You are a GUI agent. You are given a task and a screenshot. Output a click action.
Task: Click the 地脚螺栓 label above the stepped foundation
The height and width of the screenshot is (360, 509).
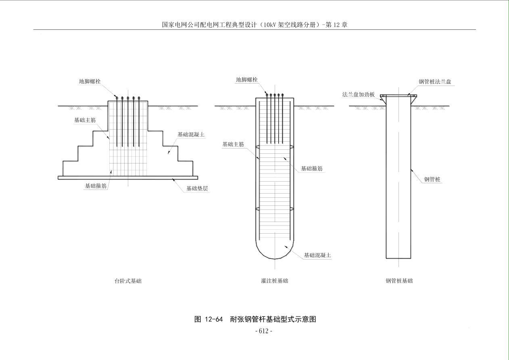pyautogui.click(x=90, y=81)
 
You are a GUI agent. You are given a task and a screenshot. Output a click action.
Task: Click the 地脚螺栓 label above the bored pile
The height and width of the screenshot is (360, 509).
pyautogui.click(x=246, y=80)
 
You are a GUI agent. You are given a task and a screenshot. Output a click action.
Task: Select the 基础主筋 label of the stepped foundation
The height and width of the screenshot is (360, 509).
pyautogui.click(x=85, y=120)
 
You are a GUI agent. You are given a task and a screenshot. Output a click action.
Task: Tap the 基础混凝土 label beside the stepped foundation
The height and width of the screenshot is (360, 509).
pyautogui.click(x=191, y=134)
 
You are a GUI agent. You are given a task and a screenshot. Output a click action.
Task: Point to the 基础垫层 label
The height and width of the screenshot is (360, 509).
pyautogui.click(x=197, y=188)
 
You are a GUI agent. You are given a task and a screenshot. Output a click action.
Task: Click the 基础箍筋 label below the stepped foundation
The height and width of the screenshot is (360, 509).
pyautogui.click(x=95, y=186)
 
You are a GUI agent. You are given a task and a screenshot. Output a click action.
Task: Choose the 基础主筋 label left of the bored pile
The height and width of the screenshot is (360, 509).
pyautogui.click(x=233, y=144)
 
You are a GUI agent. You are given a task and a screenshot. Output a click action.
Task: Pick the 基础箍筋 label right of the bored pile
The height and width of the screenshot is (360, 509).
pyautogui.click(x=312, y=169)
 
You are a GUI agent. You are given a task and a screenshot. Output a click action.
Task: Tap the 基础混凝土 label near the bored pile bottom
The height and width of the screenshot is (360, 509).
pyautogui.click(x=317, y=255)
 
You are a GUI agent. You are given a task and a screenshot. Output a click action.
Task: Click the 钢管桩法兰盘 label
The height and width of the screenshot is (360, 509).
pyautogui.click(x=435, y=82)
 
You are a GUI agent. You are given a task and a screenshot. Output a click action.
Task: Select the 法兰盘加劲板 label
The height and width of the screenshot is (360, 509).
pyautogui.click(x=359, y=94)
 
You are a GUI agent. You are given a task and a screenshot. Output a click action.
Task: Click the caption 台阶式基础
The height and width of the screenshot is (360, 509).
pyautogui.click(x=128, y=281)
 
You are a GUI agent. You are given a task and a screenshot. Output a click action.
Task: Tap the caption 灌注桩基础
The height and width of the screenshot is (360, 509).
pyautogui.click(x=275, y=281)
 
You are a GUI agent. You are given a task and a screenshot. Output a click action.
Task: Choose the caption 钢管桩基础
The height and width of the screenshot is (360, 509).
pyautogui.click(x=399, y=281)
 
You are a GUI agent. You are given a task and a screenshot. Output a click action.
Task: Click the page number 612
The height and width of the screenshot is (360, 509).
pyautogui.click(x=264, y=331)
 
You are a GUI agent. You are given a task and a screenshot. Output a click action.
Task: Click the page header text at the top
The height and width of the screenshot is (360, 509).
pyautogui.click(x=255, y=25)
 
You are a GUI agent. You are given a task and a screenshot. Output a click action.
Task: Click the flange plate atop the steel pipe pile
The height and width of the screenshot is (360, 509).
pyautogui.click(x=398, y=96)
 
